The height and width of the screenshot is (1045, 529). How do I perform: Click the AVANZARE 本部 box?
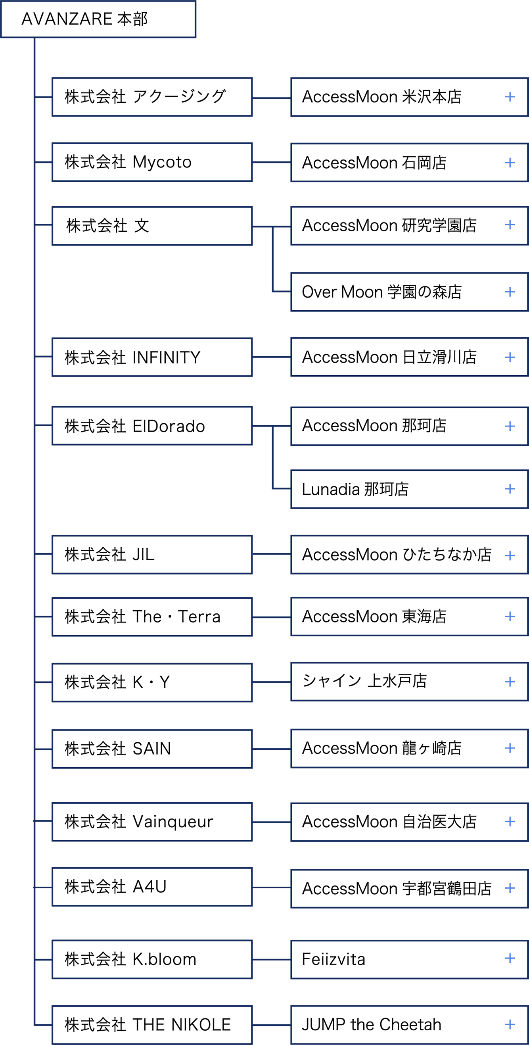(98, 19)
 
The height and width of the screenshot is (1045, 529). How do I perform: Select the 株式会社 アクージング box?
(151, 97)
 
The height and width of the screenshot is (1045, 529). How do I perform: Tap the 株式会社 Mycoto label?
(128, 162)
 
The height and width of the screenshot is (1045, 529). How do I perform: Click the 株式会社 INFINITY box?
(151, 357)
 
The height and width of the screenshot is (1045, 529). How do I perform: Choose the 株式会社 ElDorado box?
(151, 426)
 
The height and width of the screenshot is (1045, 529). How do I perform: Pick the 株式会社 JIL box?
(151, 555)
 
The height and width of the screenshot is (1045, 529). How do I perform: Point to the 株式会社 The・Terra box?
(151, 617)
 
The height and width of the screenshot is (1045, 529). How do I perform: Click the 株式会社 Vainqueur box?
(151, 822)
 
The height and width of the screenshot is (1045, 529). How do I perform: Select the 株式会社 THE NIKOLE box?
(151, 1024)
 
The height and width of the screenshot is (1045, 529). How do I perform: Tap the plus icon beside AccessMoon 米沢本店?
(510, 97)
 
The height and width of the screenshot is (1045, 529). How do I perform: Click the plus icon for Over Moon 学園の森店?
(510, 292)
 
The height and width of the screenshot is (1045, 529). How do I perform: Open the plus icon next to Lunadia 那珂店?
(510, 489)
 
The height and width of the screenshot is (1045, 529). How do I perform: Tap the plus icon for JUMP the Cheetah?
(510, 1024)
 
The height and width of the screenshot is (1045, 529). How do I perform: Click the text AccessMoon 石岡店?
(374, 163)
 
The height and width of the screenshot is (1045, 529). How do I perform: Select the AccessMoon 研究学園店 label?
(389, 226)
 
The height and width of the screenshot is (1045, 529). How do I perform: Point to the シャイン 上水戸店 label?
(364, 681)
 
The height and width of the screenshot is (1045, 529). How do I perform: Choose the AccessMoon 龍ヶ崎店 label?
(381, 748)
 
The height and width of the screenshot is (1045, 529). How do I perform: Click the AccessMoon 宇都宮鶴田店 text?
(397, 888)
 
